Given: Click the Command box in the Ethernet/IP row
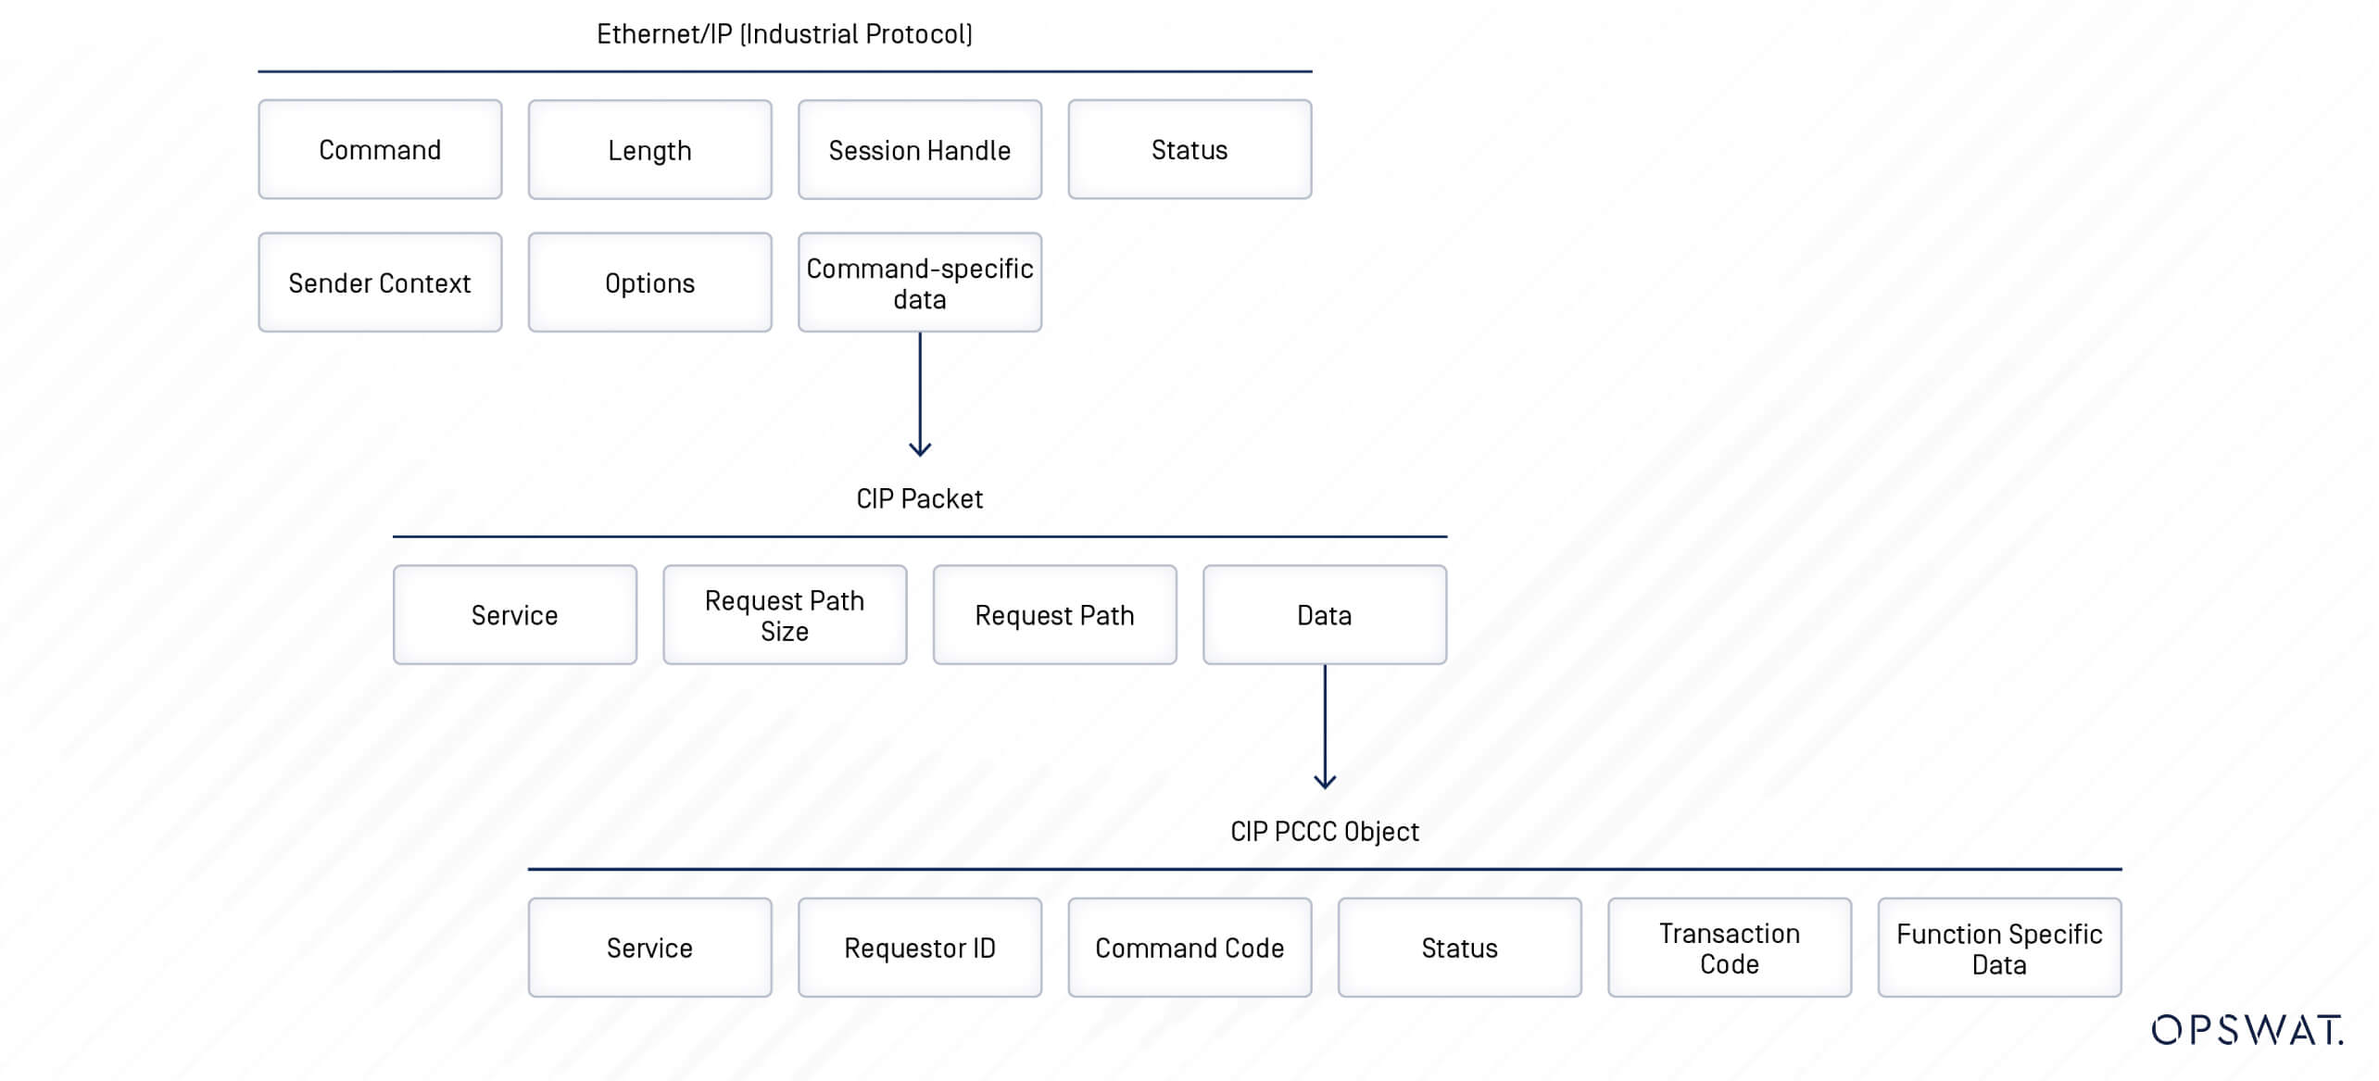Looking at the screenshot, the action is pos(380,149).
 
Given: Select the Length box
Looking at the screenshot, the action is pos(649,149).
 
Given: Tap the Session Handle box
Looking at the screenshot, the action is pos(920,149).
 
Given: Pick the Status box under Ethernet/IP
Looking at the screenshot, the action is pos(1189,149).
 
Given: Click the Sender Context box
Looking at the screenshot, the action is pos(380,283).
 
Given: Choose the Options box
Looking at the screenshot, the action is pos(649,283).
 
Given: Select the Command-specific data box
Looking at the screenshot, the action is pos(920,283).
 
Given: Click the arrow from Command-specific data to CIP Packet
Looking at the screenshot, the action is pos(920,395).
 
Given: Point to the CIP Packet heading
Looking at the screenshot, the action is pos(919,498).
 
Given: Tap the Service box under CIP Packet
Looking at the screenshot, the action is pos(515,615).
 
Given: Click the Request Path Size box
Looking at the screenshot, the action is pos(785,615).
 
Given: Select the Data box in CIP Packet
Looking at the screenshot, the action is pos(1325,615).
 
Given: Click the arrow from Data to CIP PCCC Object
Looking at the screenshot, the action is pos(1325,727).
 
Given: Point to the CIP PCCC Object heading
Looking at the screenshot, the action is pos(1325,831).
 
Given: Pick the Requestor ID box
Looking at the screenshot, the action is pos(920,948).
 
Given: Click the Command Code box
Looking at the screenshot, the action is pos(1189,948).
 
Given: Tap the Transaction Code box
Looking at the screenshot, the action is pos(1730,948).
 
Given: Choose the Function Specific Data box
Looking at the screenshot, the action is pos(1999,948).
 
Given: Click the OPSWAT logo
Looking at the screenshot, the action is pos(2247,1030).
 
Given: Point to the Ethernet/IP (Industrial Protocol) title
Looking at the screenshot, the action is pos(785,34).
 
